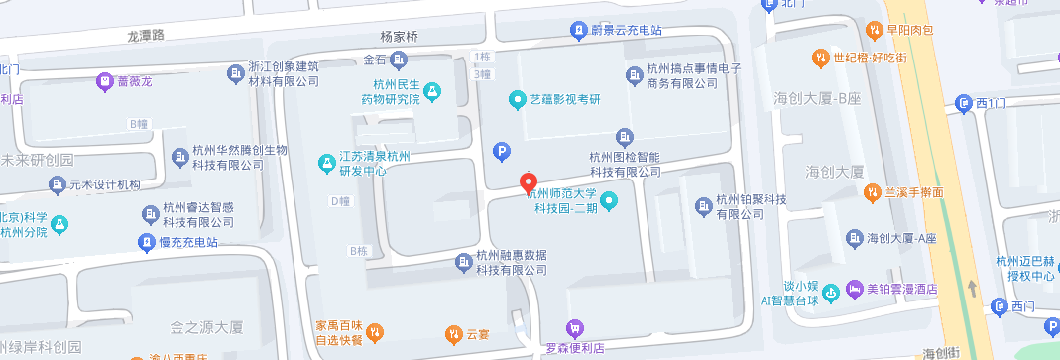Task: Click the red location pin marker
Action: tap(529, 184)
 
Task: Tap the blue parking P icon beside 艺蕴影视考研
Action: tap(502, 152)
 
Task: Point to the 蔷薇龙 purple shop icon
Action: tap(104, 81)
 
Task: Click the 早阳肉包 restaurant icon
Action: tap(875, 30)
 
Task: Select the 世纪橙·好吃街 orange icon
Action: tap(820, 58)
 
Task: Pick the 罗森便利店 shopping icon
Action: tap(573, 328)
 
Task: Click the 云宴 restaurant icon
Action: tap(453, 333)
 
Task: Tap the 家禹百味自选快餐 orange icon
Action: tap(375, 331)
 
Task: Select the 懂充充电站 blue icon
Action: tap(146, 243)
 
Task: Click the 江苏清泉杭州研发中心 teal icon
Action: tap(325, 162)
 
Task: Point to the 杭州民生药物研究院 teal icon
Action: tap(432, 92)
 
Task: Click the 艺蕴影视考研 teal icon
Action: tap(516, 98)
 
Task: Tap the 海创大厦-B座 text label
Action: tap(820, 98)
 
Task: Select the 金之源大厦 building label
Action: tap(207, 326)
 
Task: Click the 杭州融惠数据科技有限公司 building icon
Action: tap(463, 262)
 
